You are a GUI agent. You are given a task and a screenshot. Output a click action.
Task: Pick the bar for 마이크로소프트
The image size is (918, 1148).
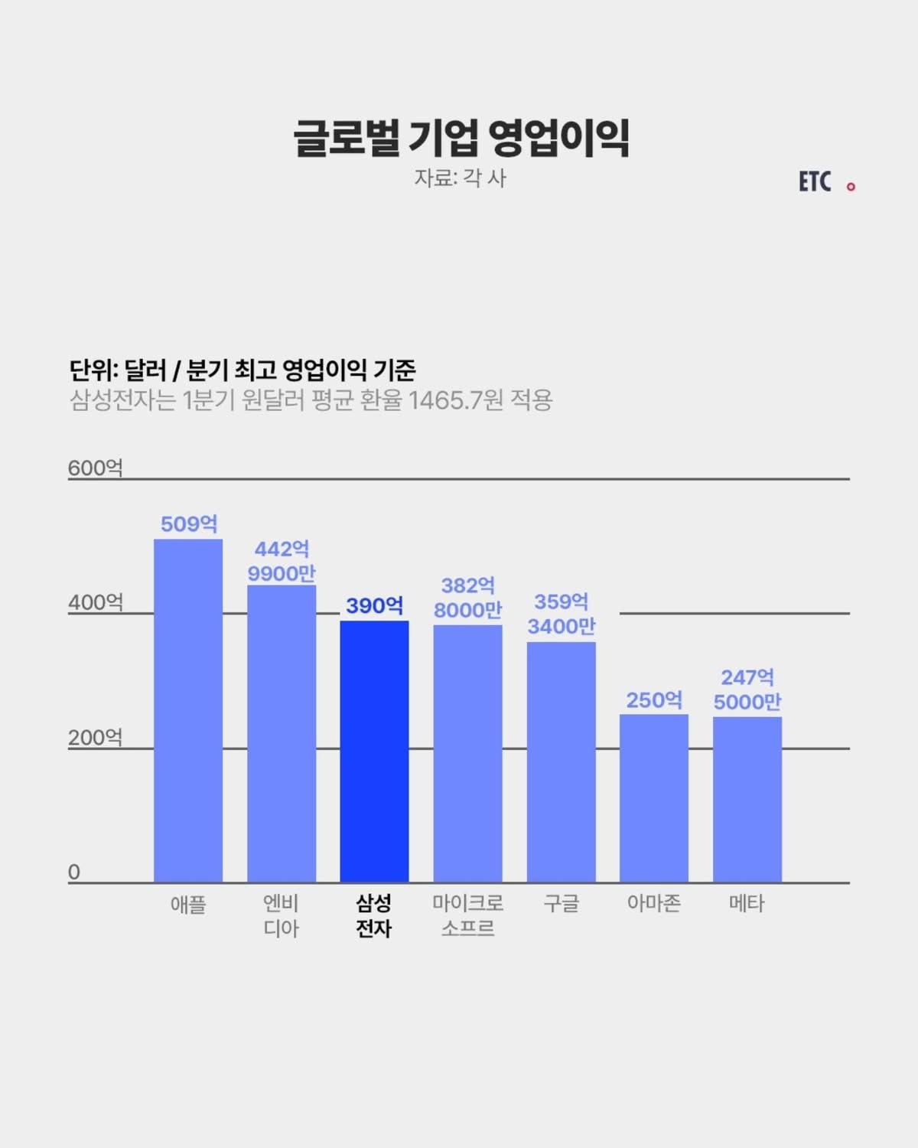click(467, 753)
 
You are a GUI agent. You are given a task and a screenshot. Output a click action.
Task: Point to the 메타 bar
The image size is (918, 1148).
click(747, 799)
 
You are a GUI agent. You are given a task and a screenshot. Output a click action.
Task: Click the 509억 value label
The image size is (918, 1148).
click(189, 524)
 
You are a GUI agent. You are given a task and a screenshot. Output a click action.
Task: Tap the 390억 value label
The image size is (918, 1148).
click(374, 606)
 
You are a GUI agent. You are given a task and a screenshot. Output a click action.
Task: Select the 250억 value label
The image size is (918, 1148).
click(654, 700)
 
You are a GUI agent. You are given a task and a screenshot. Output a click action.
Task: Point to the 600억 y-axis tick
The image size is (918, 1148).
click(95, 468)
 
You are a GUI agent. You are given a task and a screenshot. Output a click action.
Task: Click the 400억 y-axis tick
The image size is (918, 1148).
click(95, 602)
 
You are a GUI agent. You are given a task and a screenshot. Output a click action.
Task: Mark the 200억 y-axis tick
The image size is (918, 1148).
click(95, 737)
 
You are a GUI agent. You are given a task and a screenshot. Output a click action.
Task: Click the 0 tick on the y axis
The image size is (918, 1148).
click(74, 872)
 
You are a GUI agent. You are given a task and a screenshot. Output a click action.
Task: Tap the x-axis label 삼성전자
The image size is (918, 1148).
click(374, 916)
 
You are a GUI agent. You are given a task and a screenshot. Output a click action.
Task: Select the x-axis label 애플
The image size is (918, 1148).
click(188, 905)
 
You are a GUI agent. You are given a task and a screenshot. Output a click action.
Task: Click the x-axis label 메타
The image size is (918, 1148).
click(747, 904)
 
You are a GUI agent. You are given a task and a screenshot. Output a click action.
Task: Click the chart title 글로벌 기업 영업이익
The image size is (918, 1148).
click(461, 139)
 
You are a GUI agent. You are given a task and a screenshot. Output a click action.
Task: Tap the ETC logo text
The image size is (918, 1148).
click(815, 182)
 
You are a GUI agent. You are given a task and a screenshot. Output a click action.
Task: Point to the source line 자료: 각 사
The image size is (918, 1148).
click(461, 178)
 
